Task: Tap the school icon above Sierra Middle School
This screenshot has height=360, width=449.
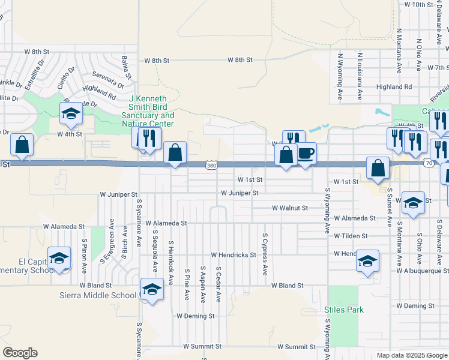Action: tap(152, 289)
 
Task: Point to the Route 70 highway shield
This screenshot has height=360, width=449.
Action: tap(427, 162)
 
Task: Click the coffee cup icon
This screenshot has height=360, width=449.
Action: tap(306, 154)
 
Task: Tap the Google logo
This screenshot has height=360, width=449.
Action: tap(20, 353)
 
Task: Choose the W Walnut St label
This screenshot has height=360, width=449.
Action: tap(289, 208)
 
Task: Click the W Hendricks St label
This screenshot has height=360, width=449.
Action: tap(233, 255)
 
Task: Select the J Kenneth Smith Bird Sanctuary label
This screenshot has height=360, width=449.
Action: tap(148, 111)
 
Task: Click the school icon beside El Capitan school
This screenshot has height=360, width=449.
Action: tap(59, 259)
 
